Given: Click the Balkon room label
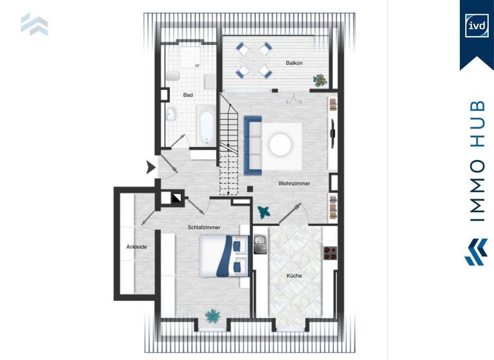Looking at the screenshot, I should click(294, 62).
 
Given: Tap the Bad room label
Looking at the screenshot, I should click(188, 95).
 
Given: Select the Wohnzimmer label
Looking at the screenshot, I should click(294, 183).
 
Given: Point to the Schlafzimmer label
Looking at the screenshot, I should click(204, 228).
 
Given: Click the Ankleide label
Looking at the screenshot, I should click(136, 246).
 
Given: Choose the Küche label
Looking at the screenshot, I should click(294, 276).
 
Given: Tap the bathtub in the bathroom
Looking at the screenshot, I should click(205, 125).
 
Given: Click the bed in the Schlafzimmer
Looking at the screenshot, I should click(224, 255).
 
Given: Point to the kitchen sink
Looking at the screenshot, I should click(260, 244).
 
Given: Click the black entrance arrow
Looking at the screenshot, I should click(151, 168).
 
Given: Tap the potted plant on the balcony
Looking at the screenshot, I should click(320, 80).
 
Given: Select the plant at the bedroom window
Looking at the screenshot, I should click(212, 316).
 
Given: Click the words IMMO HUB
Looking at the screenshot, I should click(477, 161).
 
